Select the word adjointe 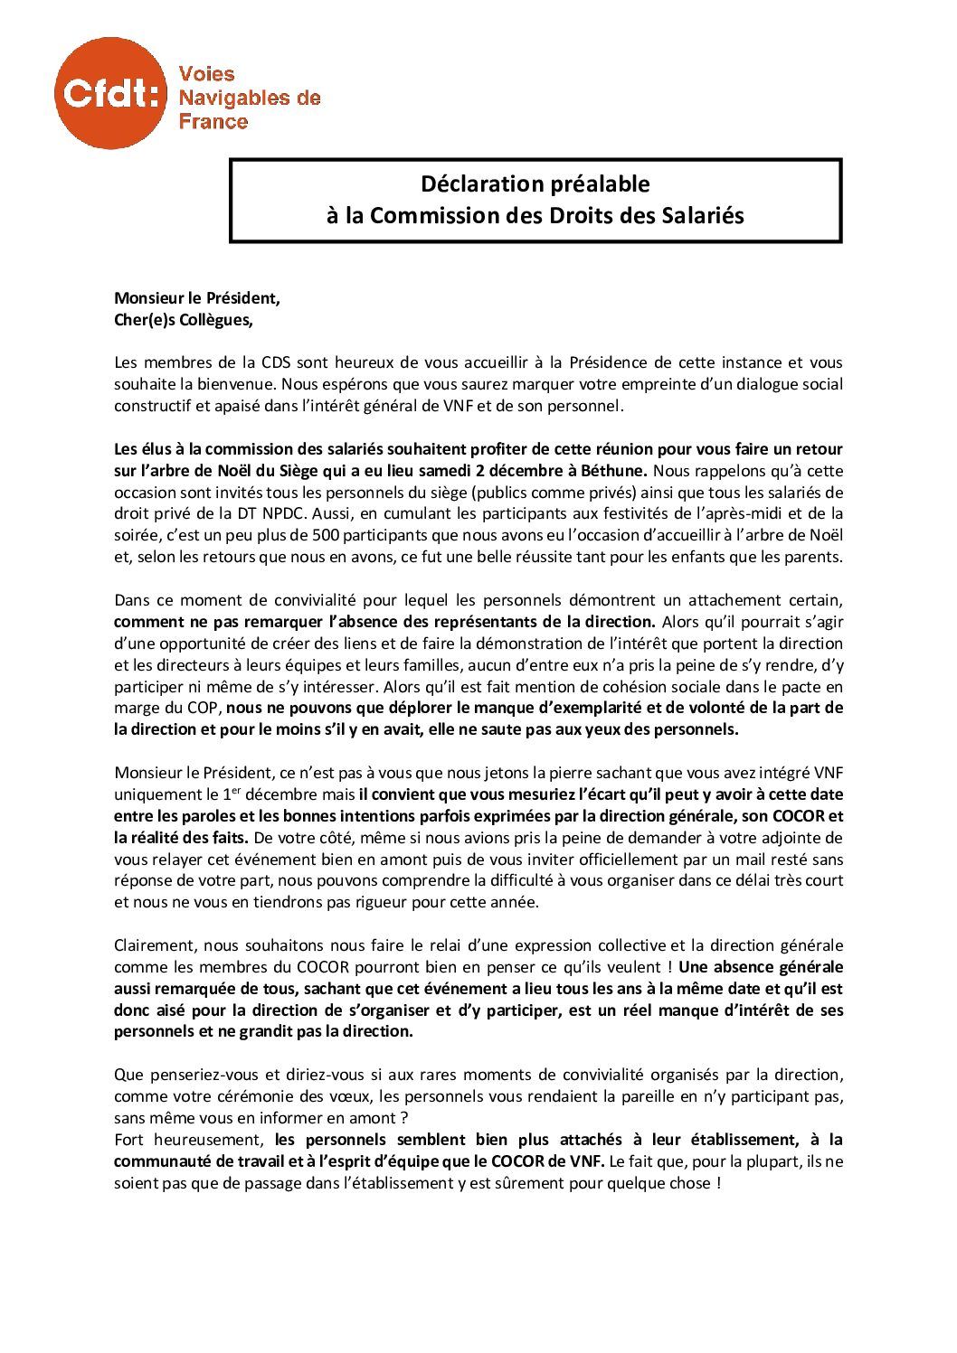coord(807,838)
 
